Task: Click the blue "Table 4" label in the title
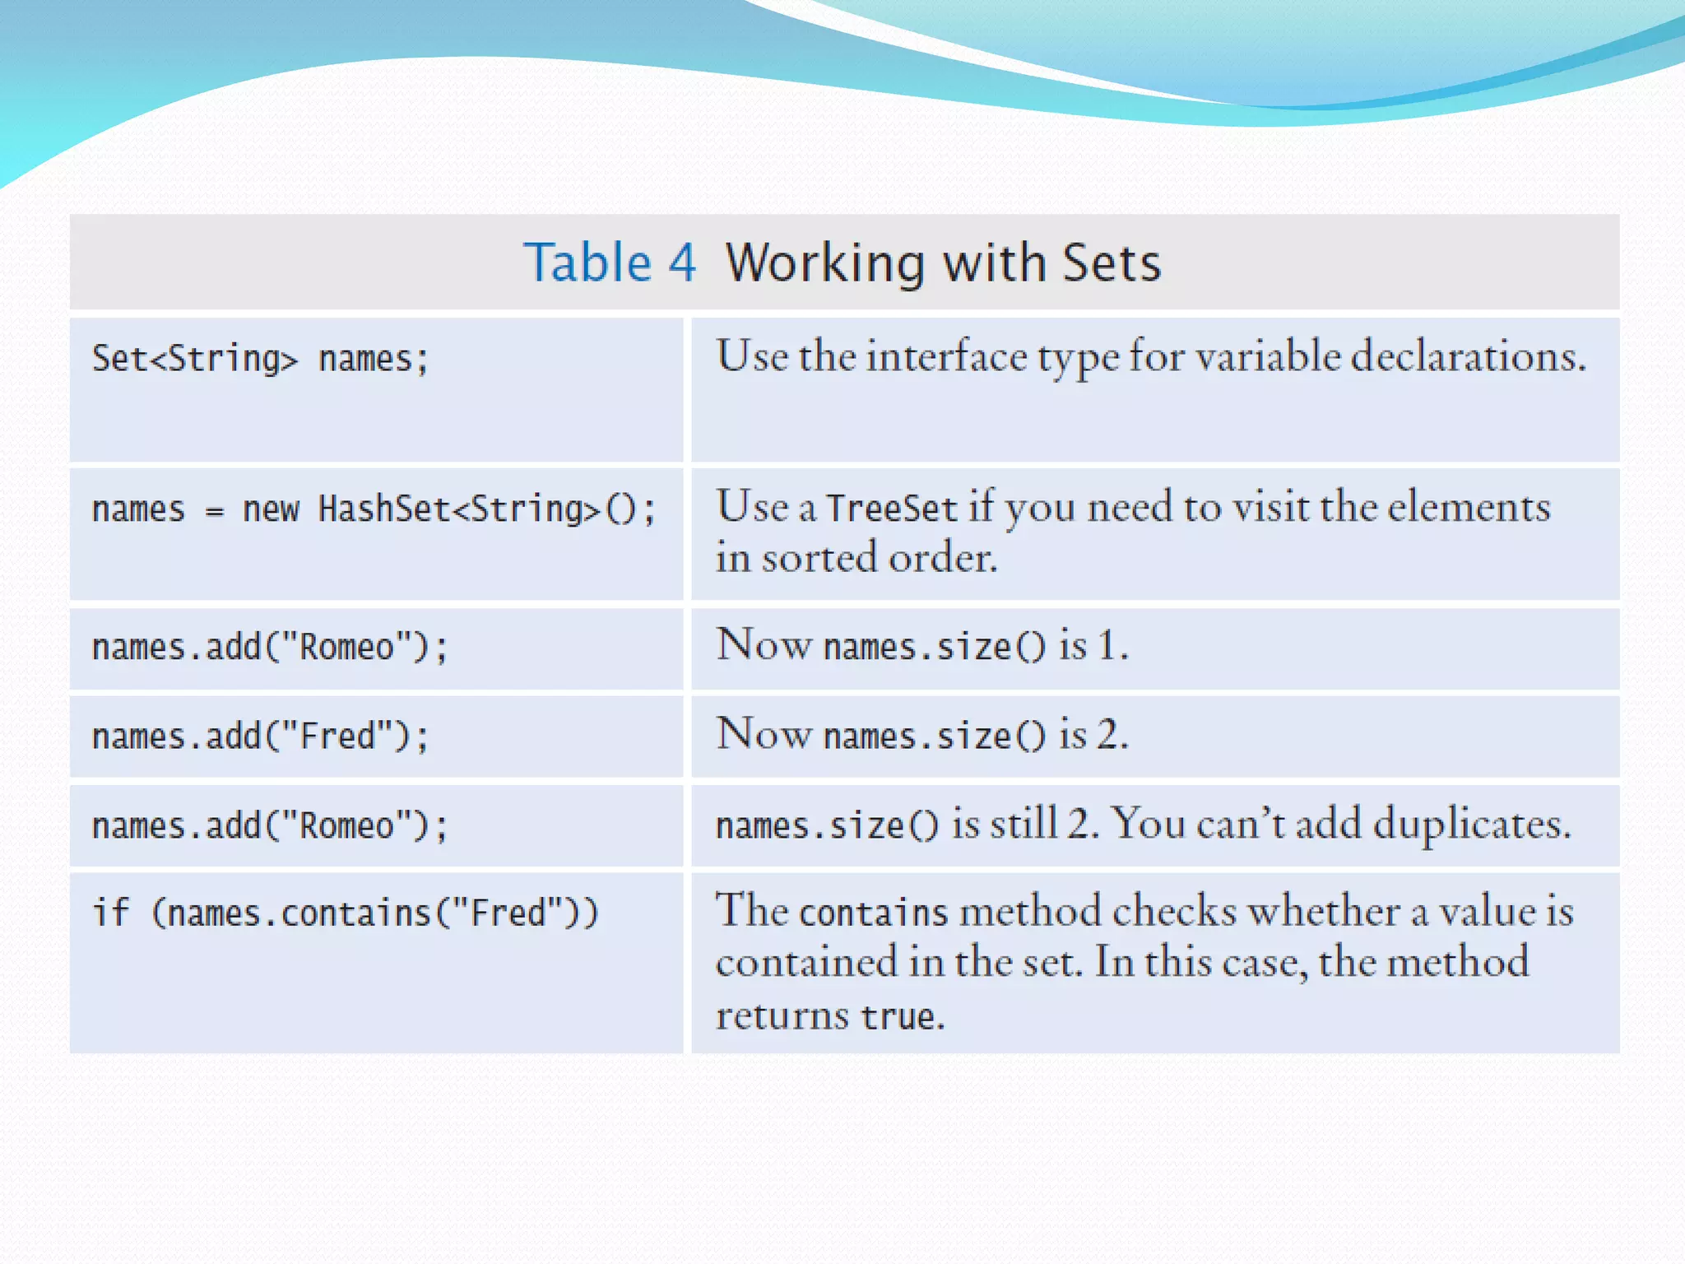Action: [610, 263]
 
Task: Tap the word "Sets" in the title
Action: [1111, 263]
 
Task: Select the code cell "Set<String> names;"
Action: [260, 360]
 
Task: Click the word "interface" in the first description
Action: [947, 357]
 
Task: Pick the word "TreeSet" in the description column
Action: [892, 509]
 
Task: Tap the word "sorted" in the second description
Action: [819, 559]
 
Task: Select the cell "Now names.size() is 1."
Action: [922, 646]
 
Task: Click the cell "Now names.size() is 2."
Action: [922, 735]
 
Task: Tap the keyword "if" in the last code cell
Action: [111, 913]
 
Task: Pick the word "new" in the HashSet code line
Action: [271, 509]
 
